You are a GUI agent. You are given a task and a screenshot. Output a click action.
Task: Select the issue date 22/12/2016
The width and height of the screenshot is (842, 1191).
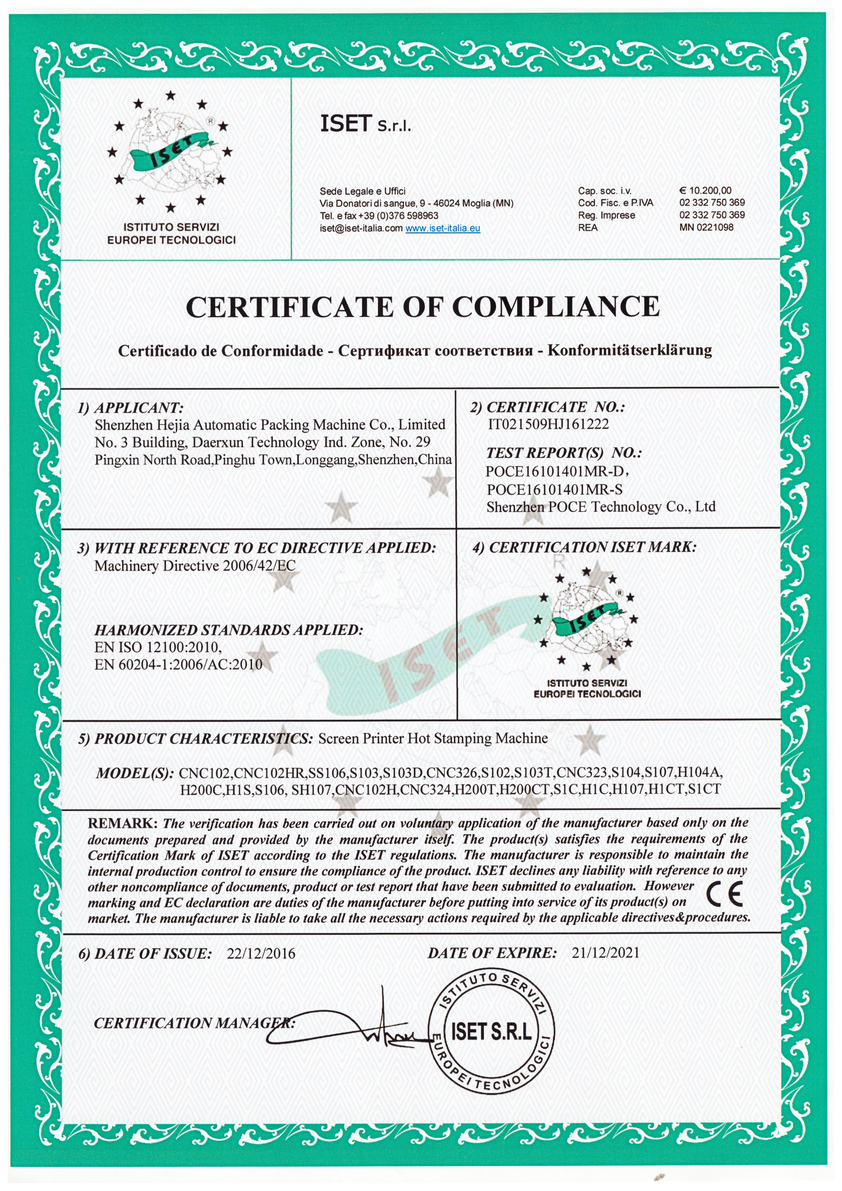coord(261,953)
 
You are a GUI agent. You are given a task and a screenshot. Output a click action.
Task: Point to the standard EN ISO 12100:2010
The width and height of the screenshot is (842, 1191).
coord(158,647)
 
